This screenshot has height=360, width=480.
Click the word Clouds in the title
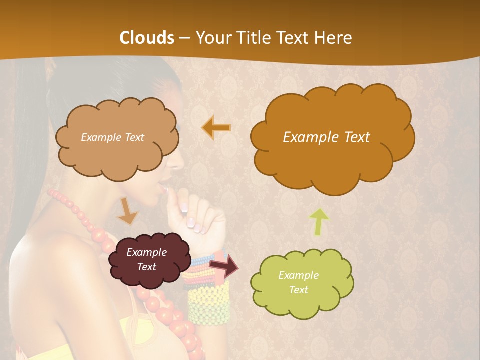(147, 38)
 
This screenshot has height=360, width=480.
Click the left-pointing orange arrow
(216, 128)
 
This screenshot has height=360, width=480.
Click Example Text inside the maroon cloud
(146, 260)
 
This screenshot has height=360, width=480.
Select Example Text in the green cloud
(298, 282)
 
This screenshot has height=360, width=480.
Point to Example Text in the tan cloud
(112, 137)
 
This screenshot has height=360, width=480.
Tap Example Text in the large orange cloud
(326, 137)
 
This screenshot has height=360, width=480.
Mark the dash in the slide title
(184, 38)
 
